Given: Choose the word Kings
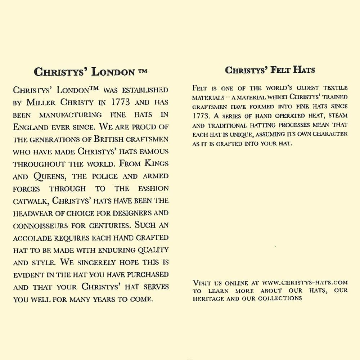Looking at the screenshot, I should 156,164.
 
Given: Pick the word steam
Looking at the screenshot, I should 337,116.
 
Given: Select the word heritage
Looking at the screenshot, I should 207,298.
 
